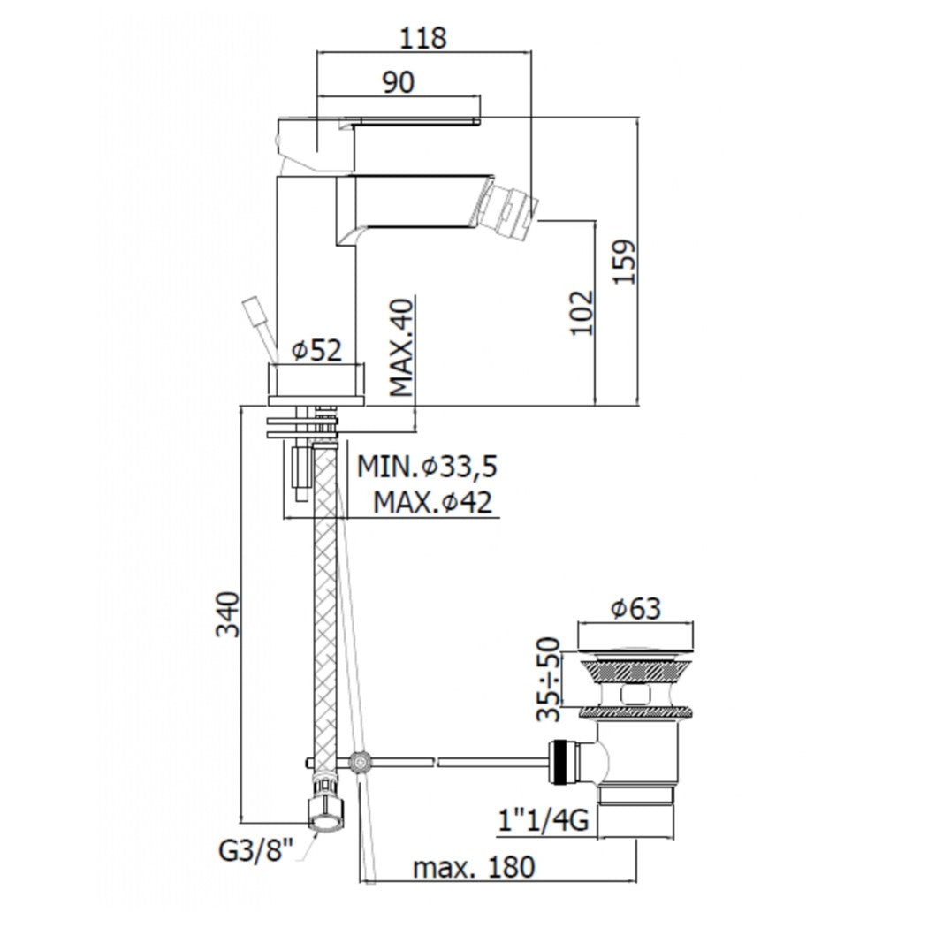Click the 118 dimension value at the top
click(423, 38)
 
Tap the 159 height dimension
click(624, 261)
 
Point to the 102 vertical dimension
click(582, 312)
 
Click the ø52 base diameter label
click(316, 351)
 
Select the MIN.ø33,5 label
click(421, 466)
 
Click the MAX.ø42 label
click(431, 503)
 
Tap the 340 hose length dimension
click(227, 613)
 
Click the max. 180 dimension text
click(474, 867)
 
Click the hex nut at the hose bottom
click(325, 810)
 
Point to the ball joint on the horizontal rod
click(359, 761)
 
